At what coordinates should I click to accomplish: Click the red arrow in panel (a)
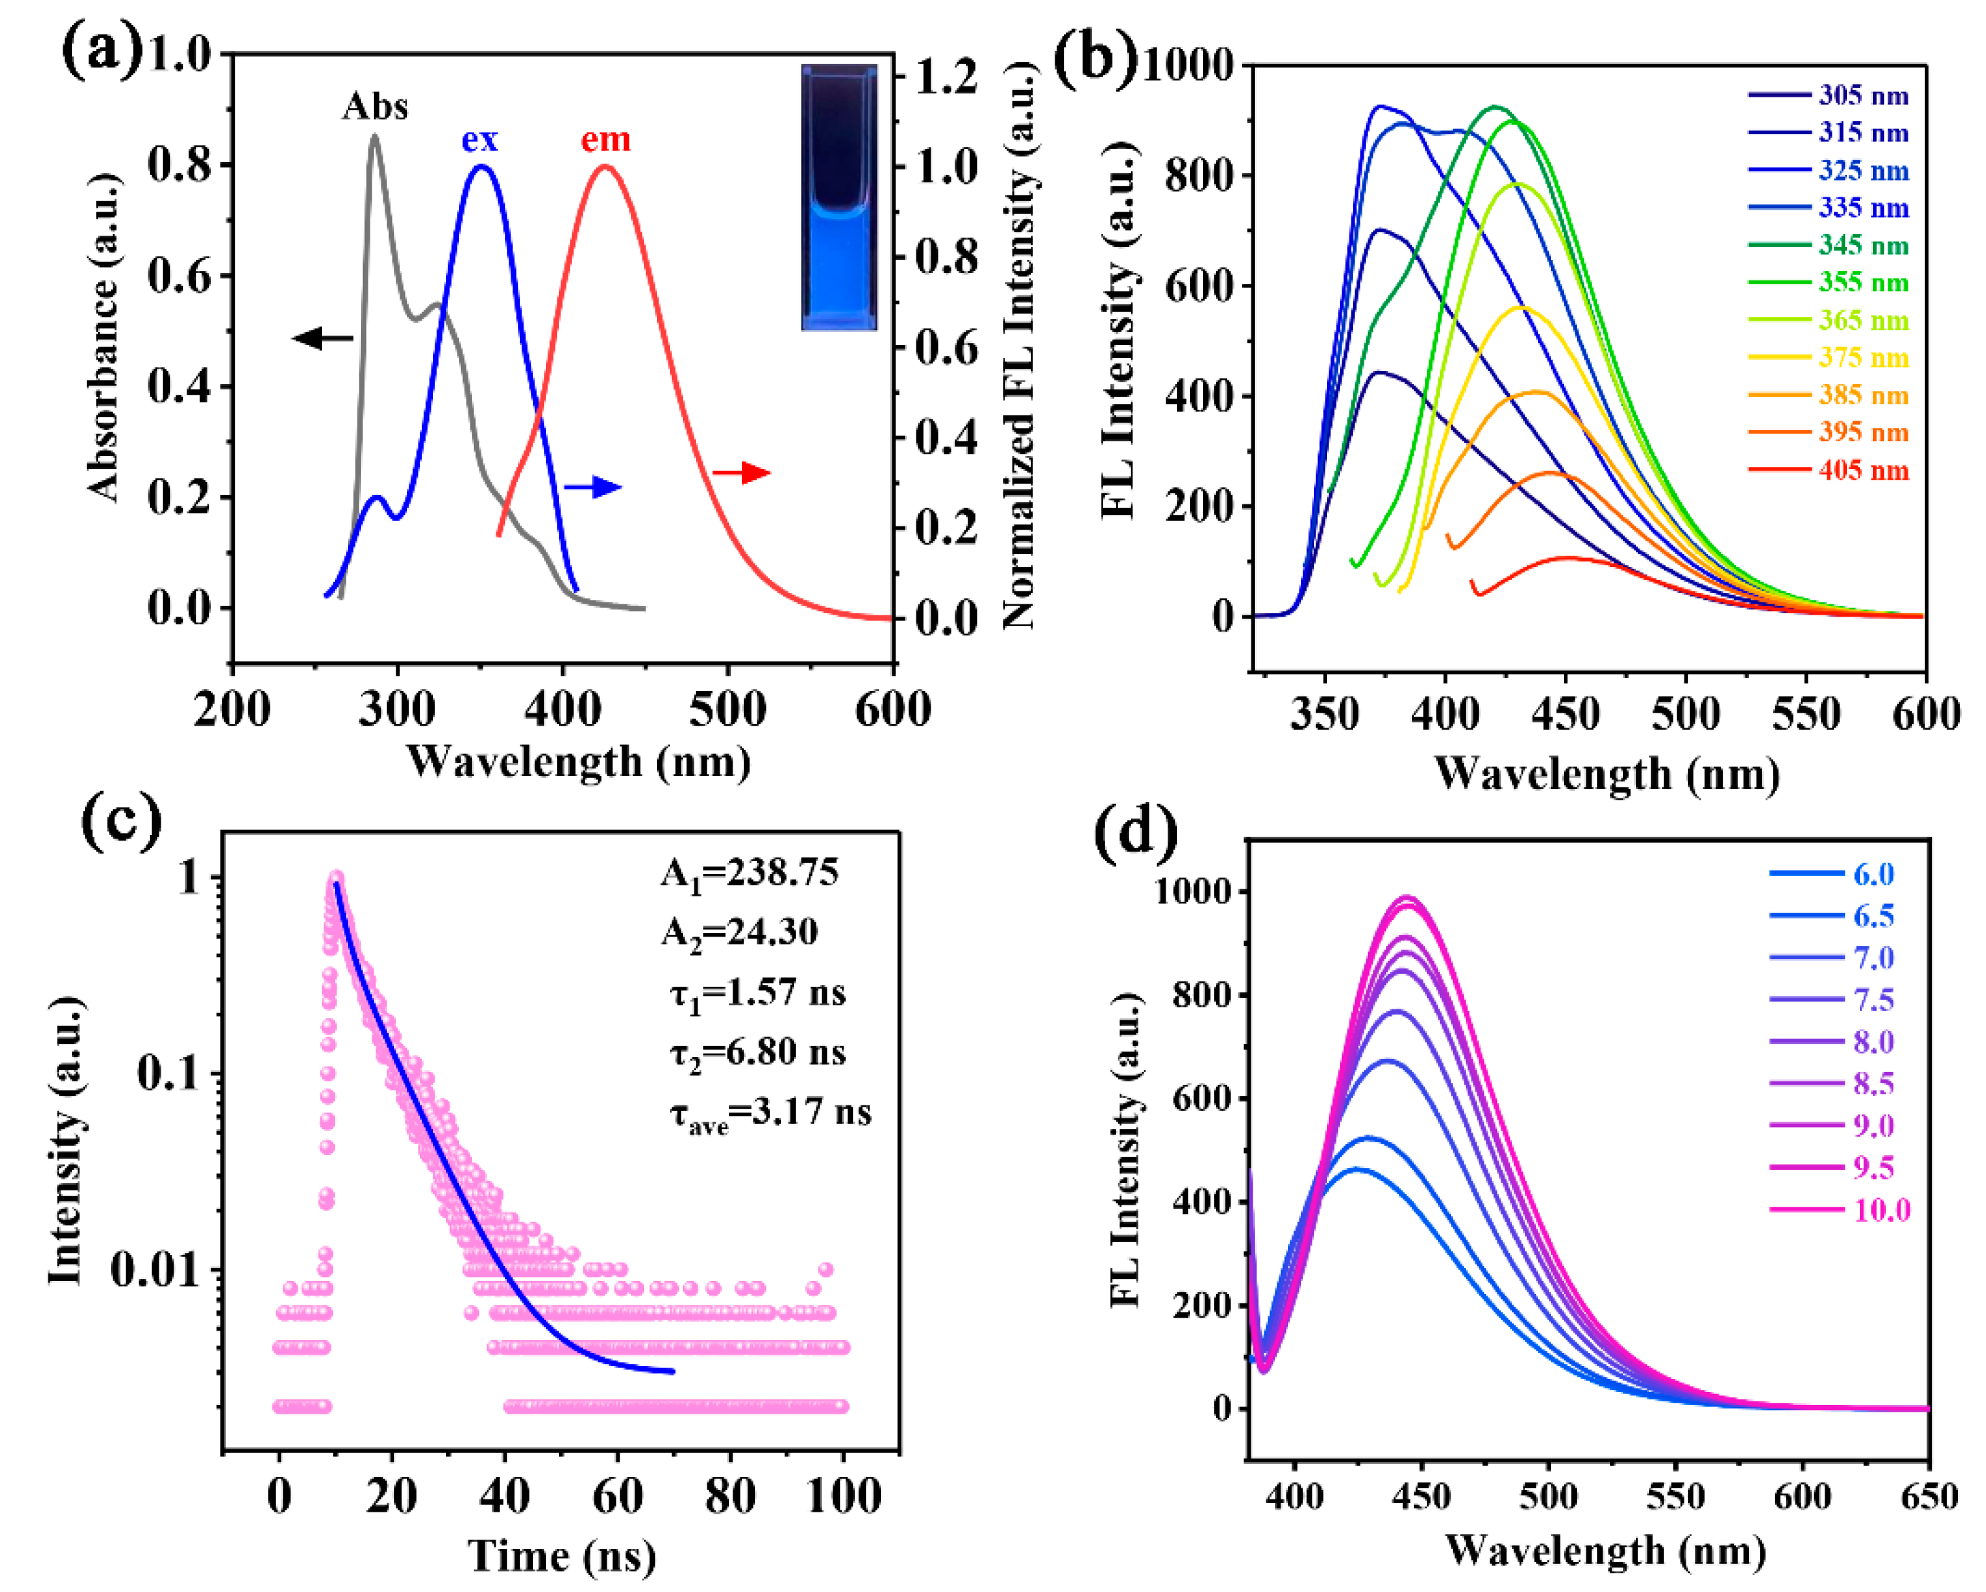741,473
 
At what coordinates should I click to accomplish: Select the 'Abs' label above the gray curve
375,107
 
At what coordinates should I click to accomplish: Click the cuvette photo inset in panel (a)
838,197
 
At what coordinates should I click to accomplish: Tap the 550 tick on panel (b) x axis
1806,715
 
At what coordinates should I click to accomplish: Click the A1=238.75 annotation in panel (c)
750,872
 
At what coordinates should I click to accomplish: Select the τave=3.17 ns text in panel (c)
770,1114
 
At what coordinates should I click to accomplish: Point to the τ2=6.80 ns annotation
757,1052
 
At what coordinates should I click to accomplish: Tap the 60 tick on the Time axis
617,1495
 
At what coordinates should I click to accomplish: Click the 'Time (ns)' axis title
562,1556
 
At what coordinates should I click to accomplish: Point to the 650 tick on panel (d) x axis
1929,1497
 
